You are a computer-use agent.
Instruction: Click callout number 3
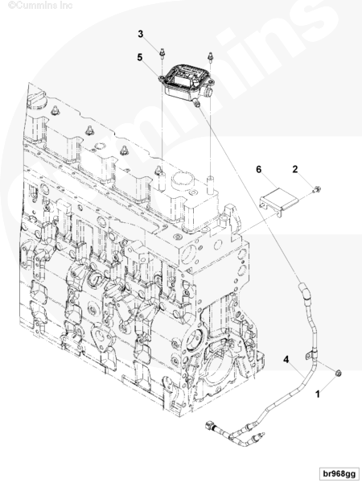[141, 34]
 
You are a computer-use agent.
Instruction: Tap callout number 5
[140, 57]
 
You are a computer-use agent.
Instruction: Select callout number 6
[258, 169]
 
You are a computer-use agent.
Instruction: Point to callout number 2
[295, 169]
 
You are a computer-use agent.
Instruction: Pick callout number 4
[286, 360]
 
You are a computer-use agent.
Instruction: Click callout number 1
[318, 394]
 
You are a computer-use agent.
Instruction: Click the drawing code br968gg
[339, 473]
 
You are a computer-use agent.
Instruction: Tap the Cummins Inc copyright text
[40, 6]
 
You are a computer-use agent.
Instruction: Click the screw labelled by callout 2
[317, 189]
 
